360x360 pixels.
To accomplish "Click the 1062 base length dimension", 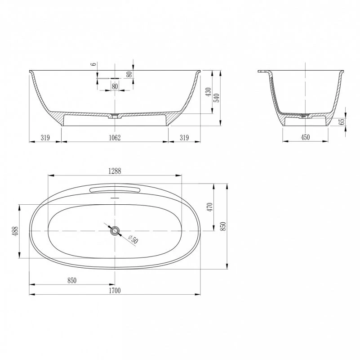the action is [x=115, y=137].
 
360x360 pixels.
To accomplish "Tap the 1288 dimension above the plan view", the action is [x=115, y=171].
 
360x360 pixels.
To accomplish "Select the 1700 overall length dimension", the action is [x=115, y=291].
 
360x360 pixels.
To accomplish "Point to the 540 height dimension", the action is [x=217, y=98].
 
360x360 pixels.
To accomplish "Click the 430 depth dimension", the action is [x=208, y=92].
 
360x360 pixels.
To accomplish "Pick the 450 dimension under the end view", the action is [x=305, y=137].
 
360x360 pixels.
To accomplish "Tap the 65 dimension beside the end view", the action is [x=342, y=121].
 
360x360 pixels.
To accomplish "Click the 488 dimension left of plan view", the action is [x=15, y=231].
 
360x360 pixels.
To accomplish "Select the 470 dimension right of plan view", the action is [x=210, y=207].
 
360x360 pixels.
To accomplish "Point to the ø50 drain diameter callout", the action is [x=133, y=239].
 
